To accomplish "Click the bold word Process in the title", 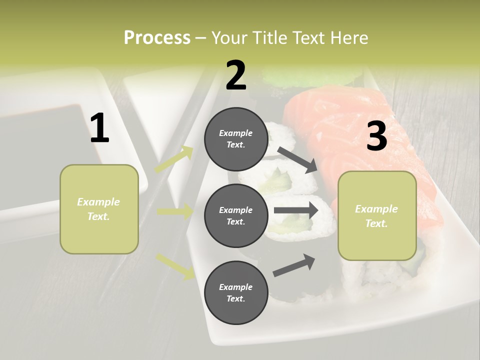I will click(157, 38).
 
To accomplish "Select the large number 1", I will click(99, 128).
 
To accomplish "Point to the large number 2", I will click(236, 75).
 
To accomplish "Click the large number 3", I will click(376, 136).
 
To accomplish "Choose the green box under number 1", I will click(99, 209).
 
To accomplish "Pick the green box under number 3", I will click(377, 216).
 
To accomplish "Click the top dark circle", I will click(236, 139).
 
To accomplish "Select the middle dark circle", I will click(236, 215).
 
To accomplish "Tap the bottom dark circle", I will click(236, 292).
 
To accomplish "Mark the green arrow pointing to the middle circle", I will click(175, 211).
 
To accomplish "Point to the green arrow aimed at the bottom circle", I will click(175, 265).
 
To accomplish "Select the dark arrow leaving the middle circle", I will click(296, 210).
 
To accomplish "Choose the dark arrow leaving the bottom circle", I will click(294, 265).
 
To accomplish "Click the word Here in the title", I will click(348, 38).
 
